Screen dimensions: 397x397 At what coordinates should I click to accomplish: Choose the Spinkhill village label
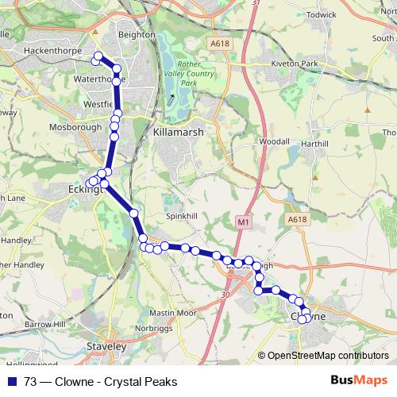(x=180, y=216)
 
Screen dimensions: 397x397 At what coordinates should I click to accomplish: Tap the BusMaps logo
(x=357, y=381)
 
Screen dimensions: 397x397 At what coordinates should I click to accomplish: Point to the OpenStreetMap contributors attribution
(x=327, y=356)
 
